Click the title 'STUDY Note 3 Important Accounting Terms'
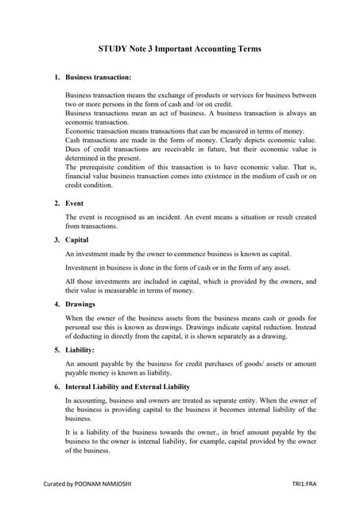[180, 49]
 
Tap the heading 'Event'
[74, 203]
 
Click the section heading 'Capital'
[77, 239]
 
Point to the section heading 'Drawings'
[80, 304]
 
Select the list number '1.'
[56, 77]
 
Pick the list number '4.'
[56, 304]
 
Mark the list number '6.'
[56, 385]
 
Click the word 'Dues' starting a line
[73, 149]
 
